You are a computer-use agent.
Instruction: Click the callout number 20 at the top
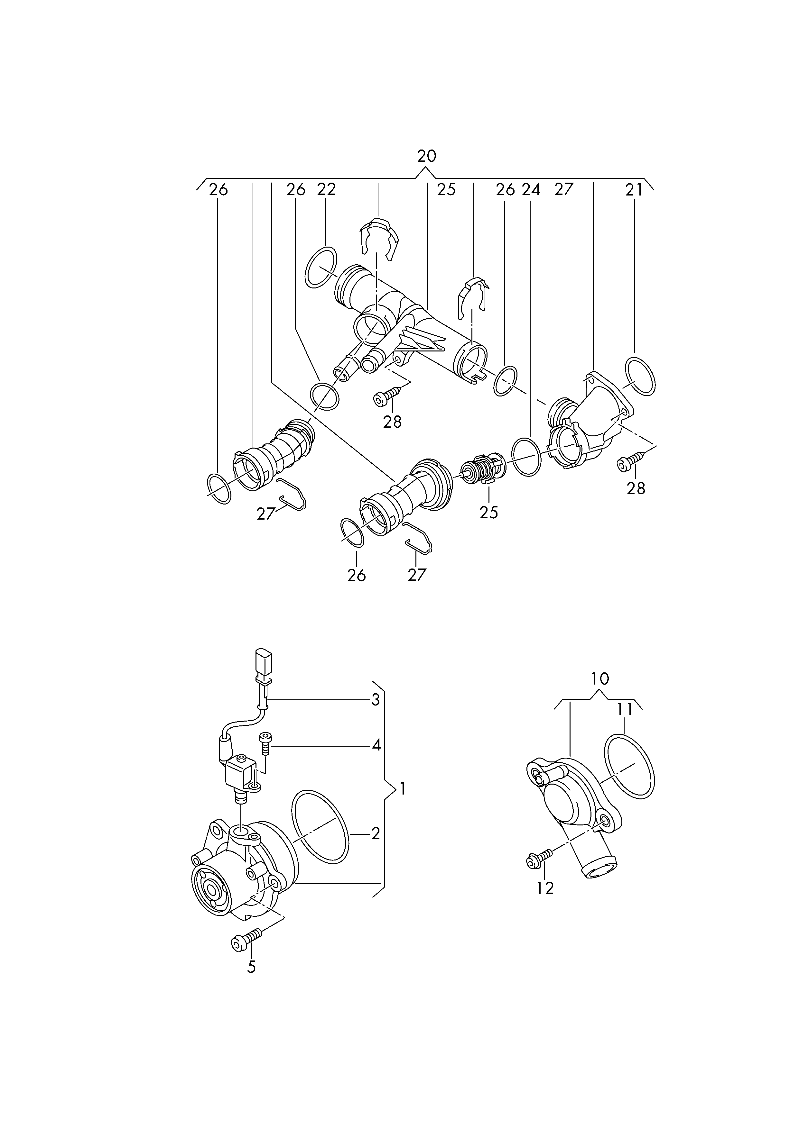[427, 156]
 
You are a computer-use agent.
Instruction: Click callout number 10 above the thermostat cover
[600, 679]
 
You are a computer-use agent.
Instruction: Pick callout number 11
[624, 709]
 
